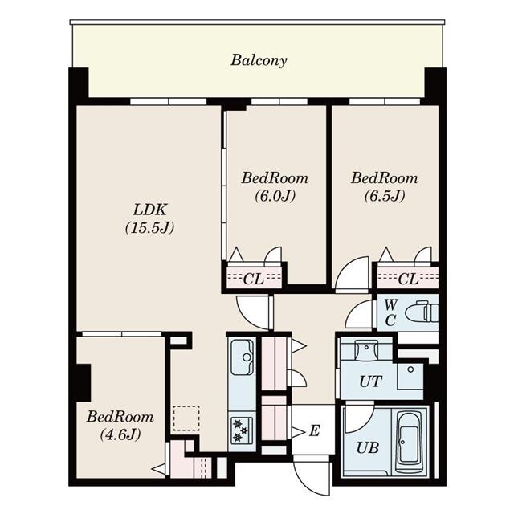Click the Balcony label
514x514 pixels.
(x=259, y=60)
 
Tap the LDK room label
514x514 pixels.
(x=149, y=210)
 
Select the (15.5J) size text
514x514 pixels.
(x=149, y=228)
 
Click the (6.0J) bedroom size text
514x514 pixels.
(x=275, y=195)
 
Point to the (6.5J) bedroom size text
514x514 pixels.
(x=384, y=195)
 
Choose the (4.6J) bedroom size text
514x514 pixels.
(x=120, y=435)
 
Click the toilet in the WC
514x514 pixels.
(x=418, y=311)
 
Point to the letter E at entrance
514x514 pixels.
(x=314, y=431)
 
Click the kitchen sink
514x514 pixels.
(x=242, y=357)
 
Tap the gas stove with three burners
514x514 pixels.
(x=242, y=429)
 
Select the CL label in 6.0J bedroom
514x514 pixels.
(x=253, y=279)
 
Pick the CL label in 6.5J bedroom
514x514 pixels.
(x=407, y=279)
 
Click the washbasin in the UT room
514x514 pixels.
(x=367, y=350)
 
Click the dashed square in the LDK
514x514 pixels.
(x=186, y=418)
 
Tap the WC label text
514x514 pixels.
(x=390, y=312)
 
